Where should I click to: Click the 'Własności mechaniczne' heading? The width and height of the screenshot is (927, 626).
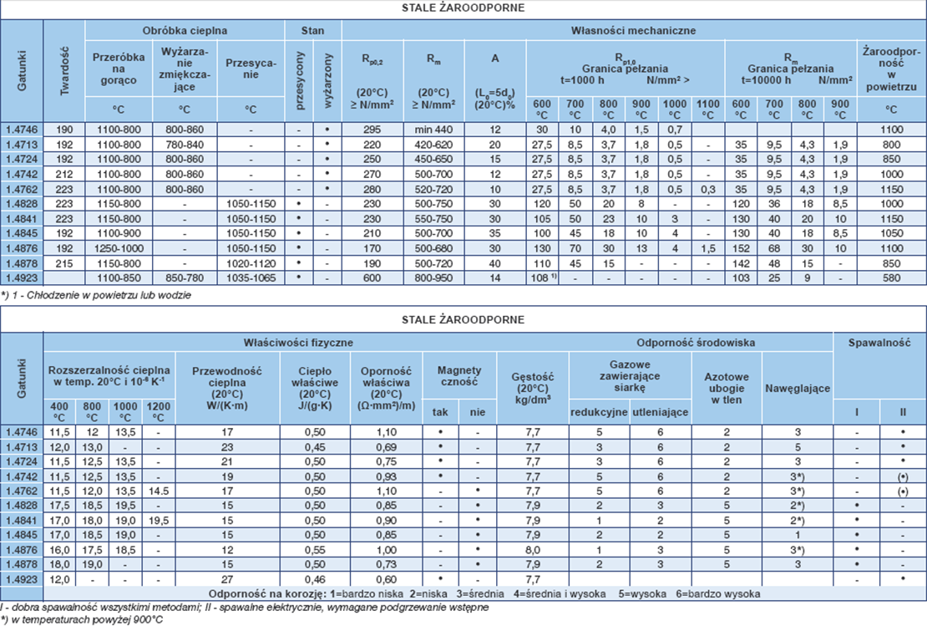pyautogui.click(x=633, y=31)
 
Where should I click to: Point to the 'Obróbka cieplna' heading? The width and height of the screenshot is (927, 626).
pyautogui.click(x=185, y=31)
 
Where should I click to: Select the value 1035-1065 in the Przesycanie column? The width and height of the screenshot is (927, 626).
pyautogui.click(x=251, y=277)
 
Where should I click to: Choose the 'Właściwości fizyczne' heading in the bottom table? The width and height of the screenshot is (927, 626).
pyautogui.click(x=298, y=342)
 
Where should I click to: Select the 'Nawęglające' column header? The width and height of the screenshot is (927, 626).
pyautogui.click(x=798, y=388)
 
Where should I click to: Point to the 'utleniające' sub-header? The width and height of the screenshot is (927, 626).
pyautogui.click(x=659, y=412)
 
